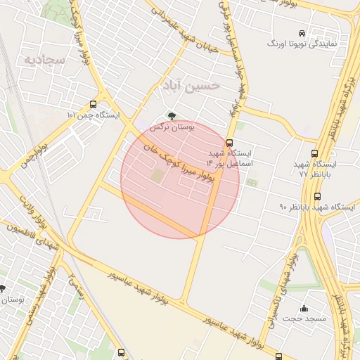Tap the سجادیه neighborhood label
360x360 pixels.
(x=44, y=60)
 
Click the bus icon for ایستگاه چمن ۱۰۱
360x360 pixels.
(x=94, y=104)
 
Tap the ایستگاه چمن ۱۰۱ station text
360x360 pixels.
(x=93, y=115)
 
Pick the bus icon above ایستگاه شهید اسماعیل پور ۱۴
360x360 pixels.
(x=229, y=143)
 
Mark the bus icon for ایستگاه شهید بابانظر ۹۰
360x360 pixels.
(x=318, y=196)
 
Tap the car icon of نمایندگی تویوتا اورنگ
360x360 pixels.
(x=302, y=33)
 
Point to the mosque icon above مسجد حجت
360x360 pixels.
(x=304, y=308)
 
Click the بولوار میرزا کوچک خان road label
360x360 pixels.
(x=177, y=161)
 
